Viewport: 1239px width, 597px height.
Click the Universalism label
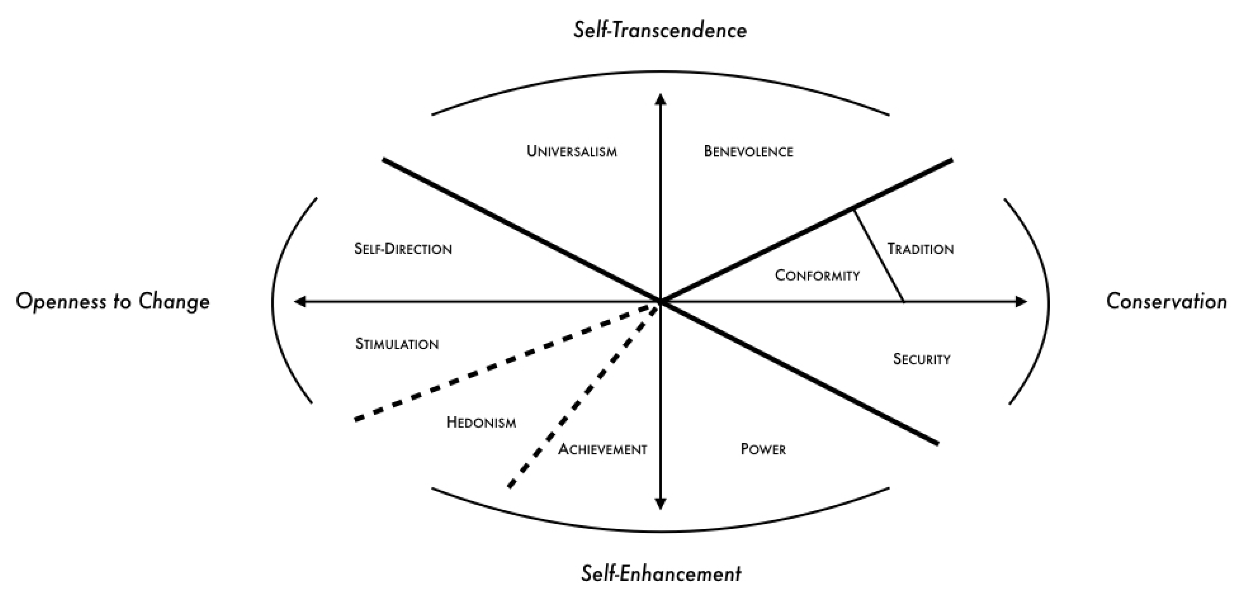tap(572, 151)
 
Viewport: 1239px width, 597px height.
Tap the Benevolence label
tap(748, 151)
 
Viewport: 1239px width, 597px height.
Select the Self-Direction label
tap(403, 249)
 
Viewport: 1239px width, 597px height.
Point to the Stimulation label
tap(397, 344)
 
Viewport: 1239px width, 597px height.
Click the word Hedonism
tap(481, 423)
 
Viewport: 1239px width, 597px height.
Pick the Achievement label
tap(602, 449)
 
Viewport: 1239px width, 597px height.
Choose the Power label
tap(763, 449)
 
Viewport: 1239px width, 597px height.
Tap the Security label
tap(921, 359)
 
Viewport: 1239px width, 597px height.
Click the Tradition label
tap(920, 249)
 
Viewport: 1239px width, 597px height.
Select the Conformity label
tap(817, 275)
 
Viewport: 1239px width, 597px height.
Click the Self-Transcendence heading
tap(660, 30)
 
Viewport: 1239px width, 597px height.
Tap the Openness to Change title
tap(113, 302)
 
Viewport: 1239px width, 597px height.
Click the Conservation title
tap(1166, 302)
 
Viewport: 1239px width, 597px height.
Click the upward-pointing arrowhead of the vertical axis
tap(661, 99)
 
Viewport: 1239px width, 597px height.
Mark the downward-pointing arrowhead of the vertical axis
tap(661, 504)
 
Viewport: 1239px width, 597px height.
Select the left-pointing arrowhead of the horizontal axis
tap(300, 302)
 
